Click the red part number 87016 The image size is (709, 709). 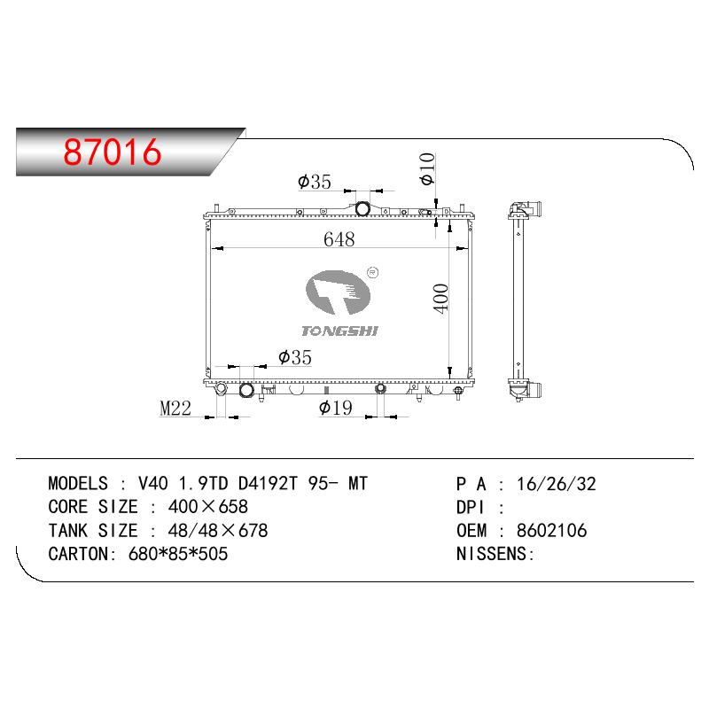(x=113, y=152)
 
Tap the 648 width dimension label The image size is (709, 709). (x=339, y=239)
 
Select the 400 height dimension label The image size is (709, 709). (x=440, y=298)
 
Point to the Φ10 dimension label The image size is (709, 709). (x=427, y=168)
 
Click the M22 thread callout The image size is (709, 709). (x=175, y=409)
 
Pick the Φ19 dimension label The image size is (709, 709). (x=336, y=408)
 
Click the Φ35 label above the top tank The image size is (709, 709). (x=315, y=182)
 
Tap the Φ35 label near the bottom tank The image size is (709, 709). (x=295, y=357)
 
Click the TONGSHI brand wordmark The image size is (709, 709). (x=339, y=331)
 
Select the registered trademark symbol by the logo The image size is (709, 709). (x=372, y=272)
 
